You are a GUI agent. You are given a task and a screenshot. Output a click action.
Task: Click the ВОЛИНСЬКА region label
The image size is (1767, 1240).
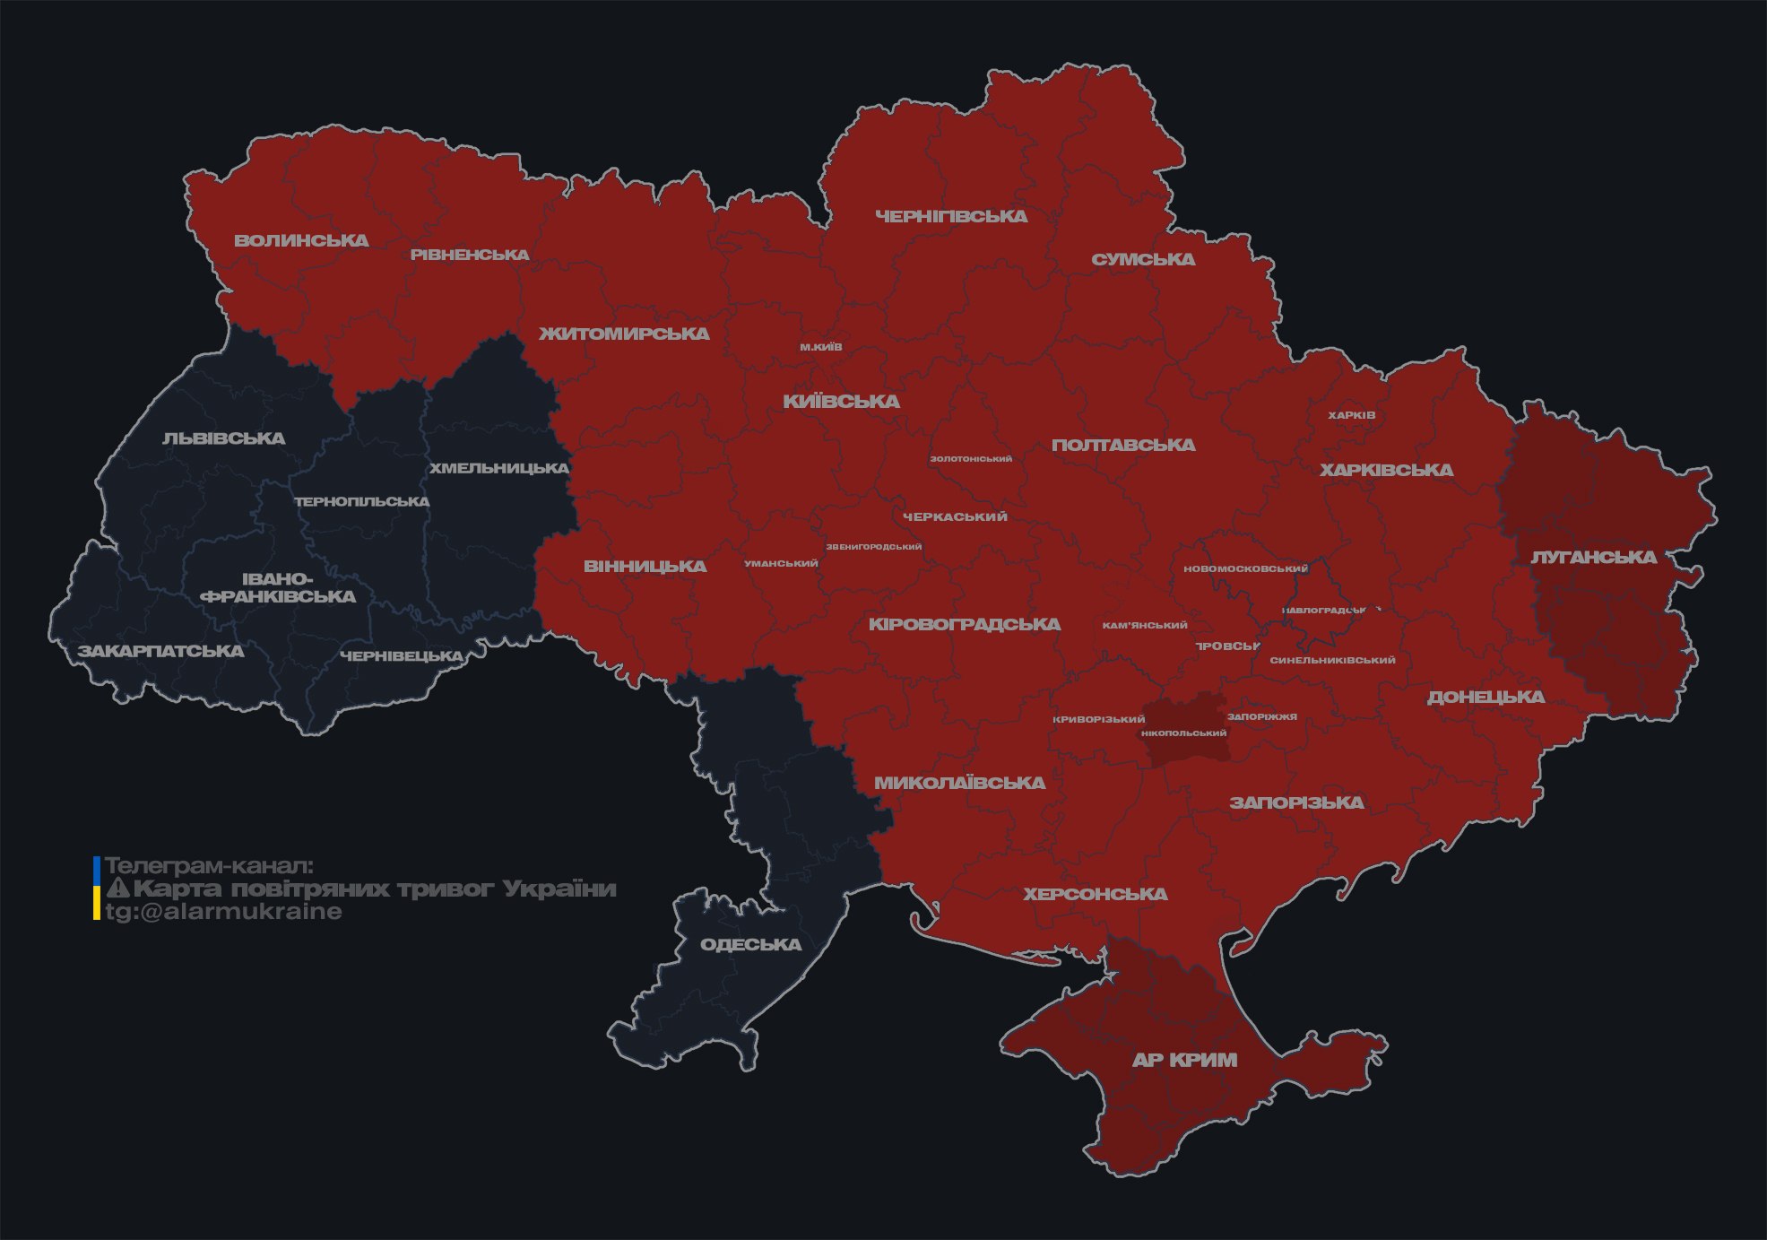click(x=301, y=240)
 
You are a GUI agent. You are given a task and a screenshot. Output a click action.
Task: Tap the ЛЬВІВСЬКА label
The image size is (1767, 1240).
click(x=224, y=438)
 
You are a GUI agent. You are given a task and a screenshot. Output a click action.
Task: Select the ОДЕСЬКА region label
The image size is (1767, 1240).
click(x=750, y=944)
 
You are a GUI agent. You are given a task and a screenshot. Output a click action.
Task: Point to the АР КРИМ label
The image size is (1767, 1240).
click(x=1184, y=1060)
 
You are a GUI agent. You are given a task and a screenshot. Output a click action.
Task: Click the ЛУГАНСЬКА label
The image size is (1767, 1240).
click(x=1593, y=557)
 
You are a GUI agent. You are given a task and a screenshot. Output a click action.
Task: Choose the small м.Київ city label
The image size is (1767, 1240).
click(x=821, y=347)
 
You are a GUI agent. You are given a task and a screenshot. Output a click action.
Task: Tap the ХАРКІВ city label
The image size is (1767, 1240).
click(x=1352, y=415)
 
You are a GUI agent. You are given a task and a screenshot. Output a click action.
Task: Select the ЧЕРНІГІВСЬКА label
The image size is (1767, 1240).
click(x=951, y=216)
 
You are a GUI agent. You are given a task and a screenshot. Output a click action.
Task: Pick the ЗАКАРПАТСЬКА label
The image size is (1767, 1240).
click(x=160, y=651)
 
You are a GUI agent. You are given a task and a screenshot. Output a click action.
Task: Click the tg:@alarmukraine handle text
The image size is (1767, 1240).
click(x=224, y=912)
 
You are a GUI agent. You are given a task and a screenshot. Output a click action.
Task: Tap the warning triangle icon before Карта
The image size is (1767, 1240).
click(x=117, y=889)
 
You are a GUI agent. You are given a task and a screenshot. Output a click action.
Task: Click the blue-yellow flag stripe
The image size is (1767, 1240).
click(x=97, y=889)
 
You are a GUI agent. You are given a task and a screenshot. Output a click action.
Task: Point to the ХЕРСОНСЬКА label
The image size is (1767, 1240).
click(x=1096, y=894)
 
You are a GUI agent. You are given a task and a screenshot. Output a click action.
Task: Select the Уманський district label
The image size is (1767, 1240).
click(x=781, y=564)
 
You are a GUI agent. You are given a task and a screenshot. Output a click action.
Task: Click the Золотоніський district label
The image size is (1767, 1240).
click(x=971, y=459)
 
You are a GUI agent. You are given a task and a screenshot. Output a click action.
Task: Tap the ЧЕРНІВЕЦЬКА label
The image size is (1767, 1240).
click(x=402, y=656)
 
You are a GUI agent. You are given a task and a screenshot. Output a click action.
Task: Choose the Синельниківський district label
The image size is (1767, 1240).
click(x=1332, y=661)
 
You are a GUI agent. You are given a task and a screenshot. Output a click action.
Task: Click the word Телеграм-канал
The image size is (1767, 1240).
click(x=209, y=866)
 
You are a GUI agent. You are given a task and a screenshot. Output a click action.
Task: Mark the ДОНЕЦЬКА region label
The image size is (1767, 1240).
click(x=1485, y=697)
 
